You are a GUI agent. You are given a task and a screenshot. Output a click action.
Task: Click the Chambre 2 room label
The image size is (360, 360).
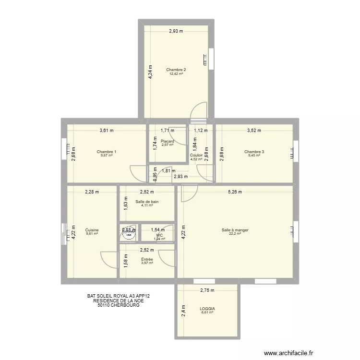tap(176, 70)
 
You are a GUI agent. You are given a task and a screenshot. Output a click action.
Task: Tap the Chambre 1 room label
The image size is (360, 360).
tap(107, 152)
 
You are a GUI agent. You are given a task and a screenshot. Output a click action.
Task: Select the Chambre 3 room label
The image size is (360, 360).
tap(254, 152)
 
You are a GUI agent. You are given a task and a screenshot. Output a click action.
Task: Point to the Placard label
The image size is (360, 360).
tap(168, 141)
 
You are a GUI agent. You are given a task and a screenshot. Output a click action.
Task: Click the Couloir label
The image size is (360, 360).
tap(196, 155)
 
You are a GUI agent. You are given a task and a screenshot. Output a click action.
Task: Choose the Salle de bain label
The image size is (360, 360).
tap(147, 202)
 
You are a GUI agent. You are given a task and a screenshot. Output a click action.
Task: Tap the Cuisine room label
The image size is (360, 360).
tap(92, 230)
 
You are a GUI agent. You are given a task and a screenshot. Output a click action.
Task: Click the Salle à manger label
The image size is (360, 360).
tap(235, 230)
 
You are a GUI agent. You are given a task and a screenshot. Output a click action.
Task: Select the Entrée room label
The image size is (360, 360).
tap(147, 259)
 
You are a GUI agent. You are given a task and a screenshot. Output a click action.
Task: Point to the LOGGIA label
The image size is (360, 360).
tap(207, 309)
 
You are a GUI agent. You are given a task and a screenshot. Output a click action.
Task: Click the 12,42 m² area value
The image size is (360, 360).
tap(176, 74)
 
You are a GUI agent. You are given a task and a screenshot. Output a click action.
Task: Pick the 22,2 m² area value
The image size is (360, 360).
tap(235, 234)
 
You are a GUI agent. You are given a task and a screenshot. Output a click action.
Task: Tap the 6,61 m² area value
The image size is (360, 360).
tap(207, 313)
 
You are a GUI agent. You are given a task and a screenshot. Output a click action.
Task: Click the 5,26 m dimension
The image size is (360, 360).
tap(235, 192)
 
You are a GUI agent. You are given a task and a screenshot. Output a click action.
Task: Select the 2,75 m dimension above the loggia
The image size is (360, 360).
tap(207, 290)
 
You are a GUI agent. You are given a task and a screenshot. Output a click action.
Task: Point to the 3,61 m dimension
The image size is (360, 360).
tap(107, 130)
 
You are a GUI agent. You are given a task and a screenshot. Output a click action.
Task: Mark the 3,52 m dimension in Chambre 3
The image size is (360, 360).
tap(254, 130)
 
